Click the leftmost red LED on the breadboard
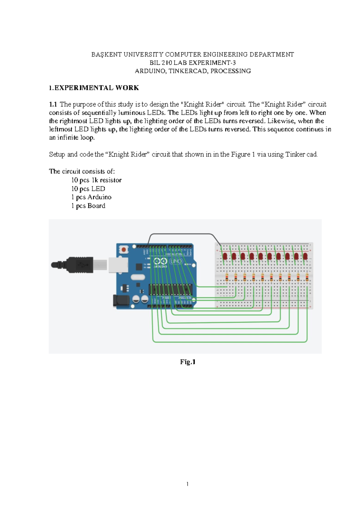(225, 256)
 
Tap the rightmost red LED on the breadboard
(305, 256)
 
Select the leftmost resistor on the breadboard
(227, 278)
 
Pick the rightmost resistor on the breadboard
(307, 278)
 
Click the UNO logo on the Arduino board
(176, 261)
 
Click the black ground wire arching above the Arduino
(183, 234)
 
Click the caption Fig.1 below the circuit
(188, 362)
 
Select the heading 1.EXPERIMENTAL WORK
(94, 88)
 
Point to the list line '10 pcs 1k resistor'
(96, 180)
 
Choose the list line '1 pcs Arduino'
(91, 197)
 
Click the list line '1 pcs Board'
(88, 206)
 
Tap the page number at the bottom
(187, 484)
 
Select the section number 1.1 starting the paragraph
(53, 104)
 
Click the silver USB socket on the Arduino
(118, 265)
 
